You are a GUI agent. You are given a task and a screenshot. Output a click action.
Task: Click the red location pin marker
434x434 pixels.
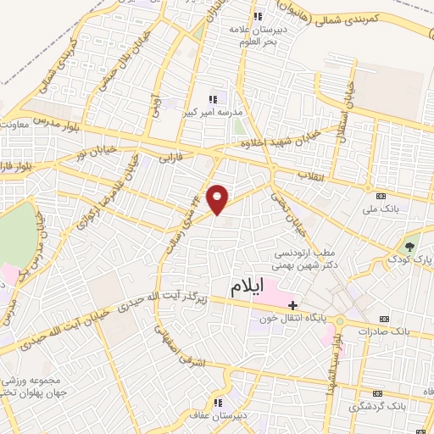pos(219,198)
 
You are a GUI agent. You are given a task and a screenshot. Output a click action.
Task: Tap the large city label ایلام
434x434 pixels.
pos(247,288)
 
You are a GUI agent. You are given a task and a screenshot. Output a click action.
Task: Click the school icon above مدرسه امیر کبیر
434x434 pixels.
pos(213,99)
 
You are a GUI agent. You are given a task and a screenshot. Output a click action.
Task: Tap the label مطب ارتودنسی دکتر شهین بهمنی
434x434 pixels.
pos(303,259)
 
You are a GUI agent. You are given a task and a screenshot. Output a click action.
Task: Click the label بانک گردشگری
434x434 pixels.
pos(381,408)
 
